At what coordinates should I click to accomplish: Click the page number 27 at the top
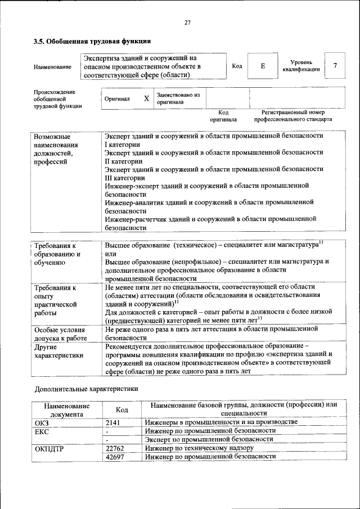coord(187,22)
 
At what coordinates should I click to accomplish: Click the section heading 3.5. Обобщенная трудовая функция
coord(92,41)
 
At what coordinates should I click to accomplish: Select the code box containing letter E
coord(262,66)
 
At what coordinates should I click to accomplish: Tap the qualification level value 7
coord(335,66)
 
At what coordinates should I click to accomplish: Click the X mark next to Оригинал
coord(146,98)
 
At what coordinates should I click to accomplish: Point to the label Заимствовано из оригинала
coord(178,98)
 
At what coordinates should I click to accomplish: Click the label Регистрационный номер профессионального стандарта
coord(292,116)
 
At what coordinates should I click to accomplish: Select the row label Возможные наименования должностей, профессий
coord(56,149)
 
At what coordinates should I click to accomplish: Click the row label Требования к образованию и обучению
coord(57,254)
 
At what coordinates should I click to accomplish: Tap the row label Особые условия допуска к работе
coord(60,334)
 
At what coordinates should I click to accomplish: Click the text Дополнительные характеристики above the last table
coord(86,388)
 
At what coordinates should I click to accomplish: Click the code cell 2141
coord(114,422)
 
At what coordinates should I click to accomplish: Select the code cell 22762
coord(115,448)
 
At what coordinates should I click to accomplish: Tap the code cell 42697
coord(115,457)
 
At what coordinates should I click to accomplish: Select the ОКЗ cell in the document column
coord(42,422)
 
